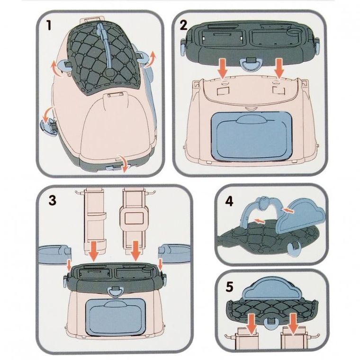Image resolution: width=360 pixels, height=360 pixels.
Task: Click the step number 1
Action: pyautogui.click(x=48, y=25)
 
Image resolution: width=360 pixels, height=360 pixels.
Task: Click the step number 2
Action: pyautogui.click(x=183, y=25)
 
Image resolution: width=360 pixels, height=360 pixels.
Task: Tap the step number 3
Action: pyautogui.click(x=53, y=200)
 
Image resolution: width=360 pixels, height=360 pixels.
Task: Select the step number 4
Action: pyautogui.click(x=229, y=201)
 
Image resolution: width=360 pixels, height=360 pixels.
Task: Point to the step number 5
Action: pyautogui.click(x=229, y=287)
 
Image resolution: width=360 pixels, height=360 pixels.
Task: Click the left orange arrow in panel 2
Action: pyautogui.click(x=223, y=68)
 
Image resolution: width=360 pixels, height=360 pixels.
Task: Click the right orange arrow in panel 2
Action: pyautogui.click(x=279, y=68)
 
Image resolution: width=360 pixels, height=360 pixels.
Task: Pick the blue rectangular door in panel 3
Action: pyautogui.click(x=114, y=317)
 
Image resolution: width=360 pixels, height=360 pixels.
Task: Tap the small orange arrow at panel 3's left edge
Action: pyautogui.click(x=68, y=265)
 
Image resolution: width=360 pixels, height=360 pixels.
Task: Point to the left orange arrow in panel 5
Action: pyautogui.click(x=252, y=324)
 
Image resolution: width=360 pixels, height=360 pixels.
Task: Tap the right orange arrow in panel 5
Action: pyautogui.click(x=293, y=323)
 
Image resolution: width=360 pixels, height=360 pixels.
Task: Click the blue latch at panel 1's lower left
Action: pyautogui.click(x=49, y=126)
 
